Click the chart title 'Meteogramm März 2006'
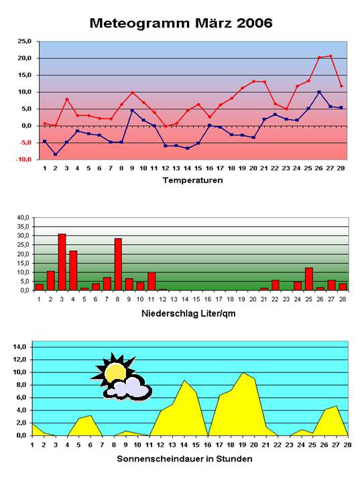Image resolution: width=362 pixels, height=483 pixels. [x=181, y=23]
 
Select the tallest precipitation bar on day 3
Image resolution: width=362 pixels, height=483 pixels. [x=62, y=262]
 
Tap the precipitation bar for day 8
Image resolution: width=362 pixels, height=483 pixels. [x=118, y=264]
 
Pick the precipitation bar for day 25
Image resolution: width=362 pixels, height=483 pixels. [x=309, y=279]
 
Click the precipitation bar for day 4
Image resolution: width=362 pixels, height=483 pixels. [x=73, y=270]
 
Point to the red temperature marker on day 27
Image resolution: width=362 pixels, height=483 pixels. [x=330, y=56]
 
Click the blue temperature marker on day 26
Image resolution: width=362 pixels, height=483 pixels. [x=319, y=92]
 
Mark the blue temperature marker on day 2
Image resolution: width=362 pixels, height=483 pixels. [x=56, y=154]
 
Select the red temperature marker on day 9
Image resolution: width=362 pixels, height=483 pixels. [x=132, y=93]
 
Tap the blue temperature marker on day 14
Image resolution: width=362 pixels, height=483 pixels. [x=187, y=148]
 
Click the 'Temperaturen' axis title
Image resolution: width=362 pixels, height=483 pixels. [x=192, y=180]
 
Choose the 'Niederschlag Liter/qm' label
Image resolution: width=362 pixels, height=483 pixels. [x=188, y=313]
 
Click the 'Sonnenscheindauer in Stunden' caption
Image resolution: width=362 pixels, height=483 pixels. [x=185, y=459]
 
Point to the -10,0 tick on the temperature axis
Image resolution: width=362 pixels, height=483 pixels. [x=23, y=160]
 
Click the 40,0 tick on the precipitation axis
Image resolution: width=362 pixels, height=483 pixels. [x=23, y=217]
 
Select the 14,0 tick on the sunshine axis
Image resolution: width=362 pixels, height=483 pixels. [x=19, y=347]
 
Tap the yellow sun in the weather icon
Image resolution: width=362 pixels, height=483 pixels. [x=115, y=372]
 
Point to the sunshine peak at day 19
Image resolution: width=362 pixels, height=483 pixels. [x=243, y=373]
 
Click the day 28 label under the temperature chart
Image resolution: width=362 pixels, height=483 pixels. [x=341, y=168]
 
